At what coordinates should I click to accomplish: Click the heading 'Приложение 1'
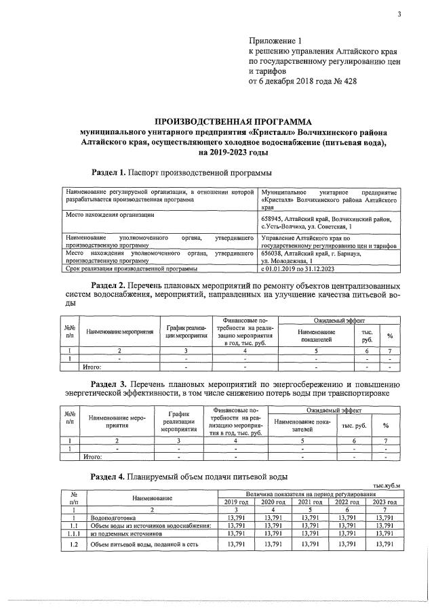(275, 41)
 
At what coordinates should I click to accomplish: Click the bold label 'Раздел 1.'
(108, 173)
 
